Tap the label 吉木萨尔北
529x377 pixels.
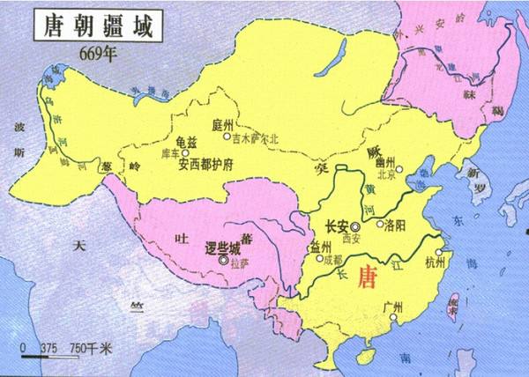coord(258,137)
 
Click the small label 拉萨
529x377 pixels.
coord(240,262)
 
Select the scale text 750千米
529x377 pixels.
coord(91,347)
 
